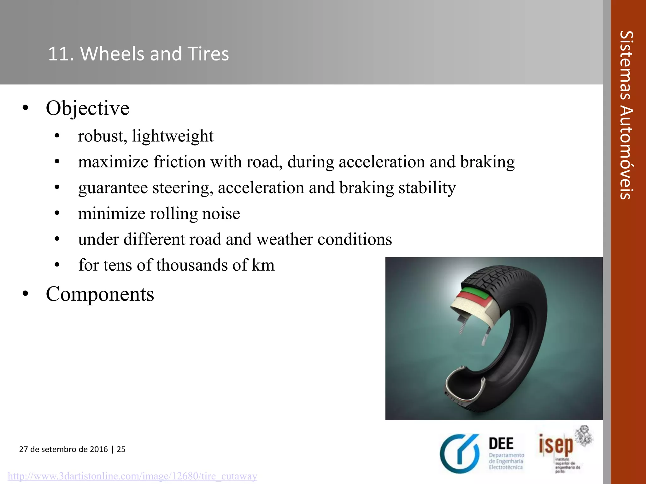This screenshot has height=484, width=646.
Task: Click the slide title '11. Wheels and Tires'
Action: (138, 54)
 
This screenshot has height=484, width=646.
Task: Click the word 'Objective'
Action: (87, 108)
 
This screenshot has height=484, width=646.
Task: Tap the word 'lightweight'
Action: (173, 136)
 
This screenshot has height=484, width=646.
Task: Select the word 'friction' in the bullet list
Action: (179, 162)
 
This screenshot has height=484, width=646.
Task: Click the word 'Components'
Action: (100, 294)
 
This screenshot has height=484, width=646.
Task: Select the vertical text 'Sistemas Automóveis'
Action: (626, 115)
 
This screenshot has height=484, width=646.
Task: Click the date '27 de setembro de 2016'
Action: (63, 449)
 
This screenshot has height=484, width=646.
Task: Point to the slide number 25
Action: (121, 449)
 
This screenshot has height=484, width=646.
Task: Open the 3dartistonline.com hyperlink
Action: (132, 476)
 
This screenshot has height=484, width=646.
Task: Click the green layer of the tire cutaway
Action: (474, 292)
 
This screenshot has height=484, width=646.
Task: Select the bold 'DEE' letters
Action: (501, 444)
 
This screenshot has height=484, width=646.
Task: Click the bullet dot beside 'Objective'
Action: (26, 108)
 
